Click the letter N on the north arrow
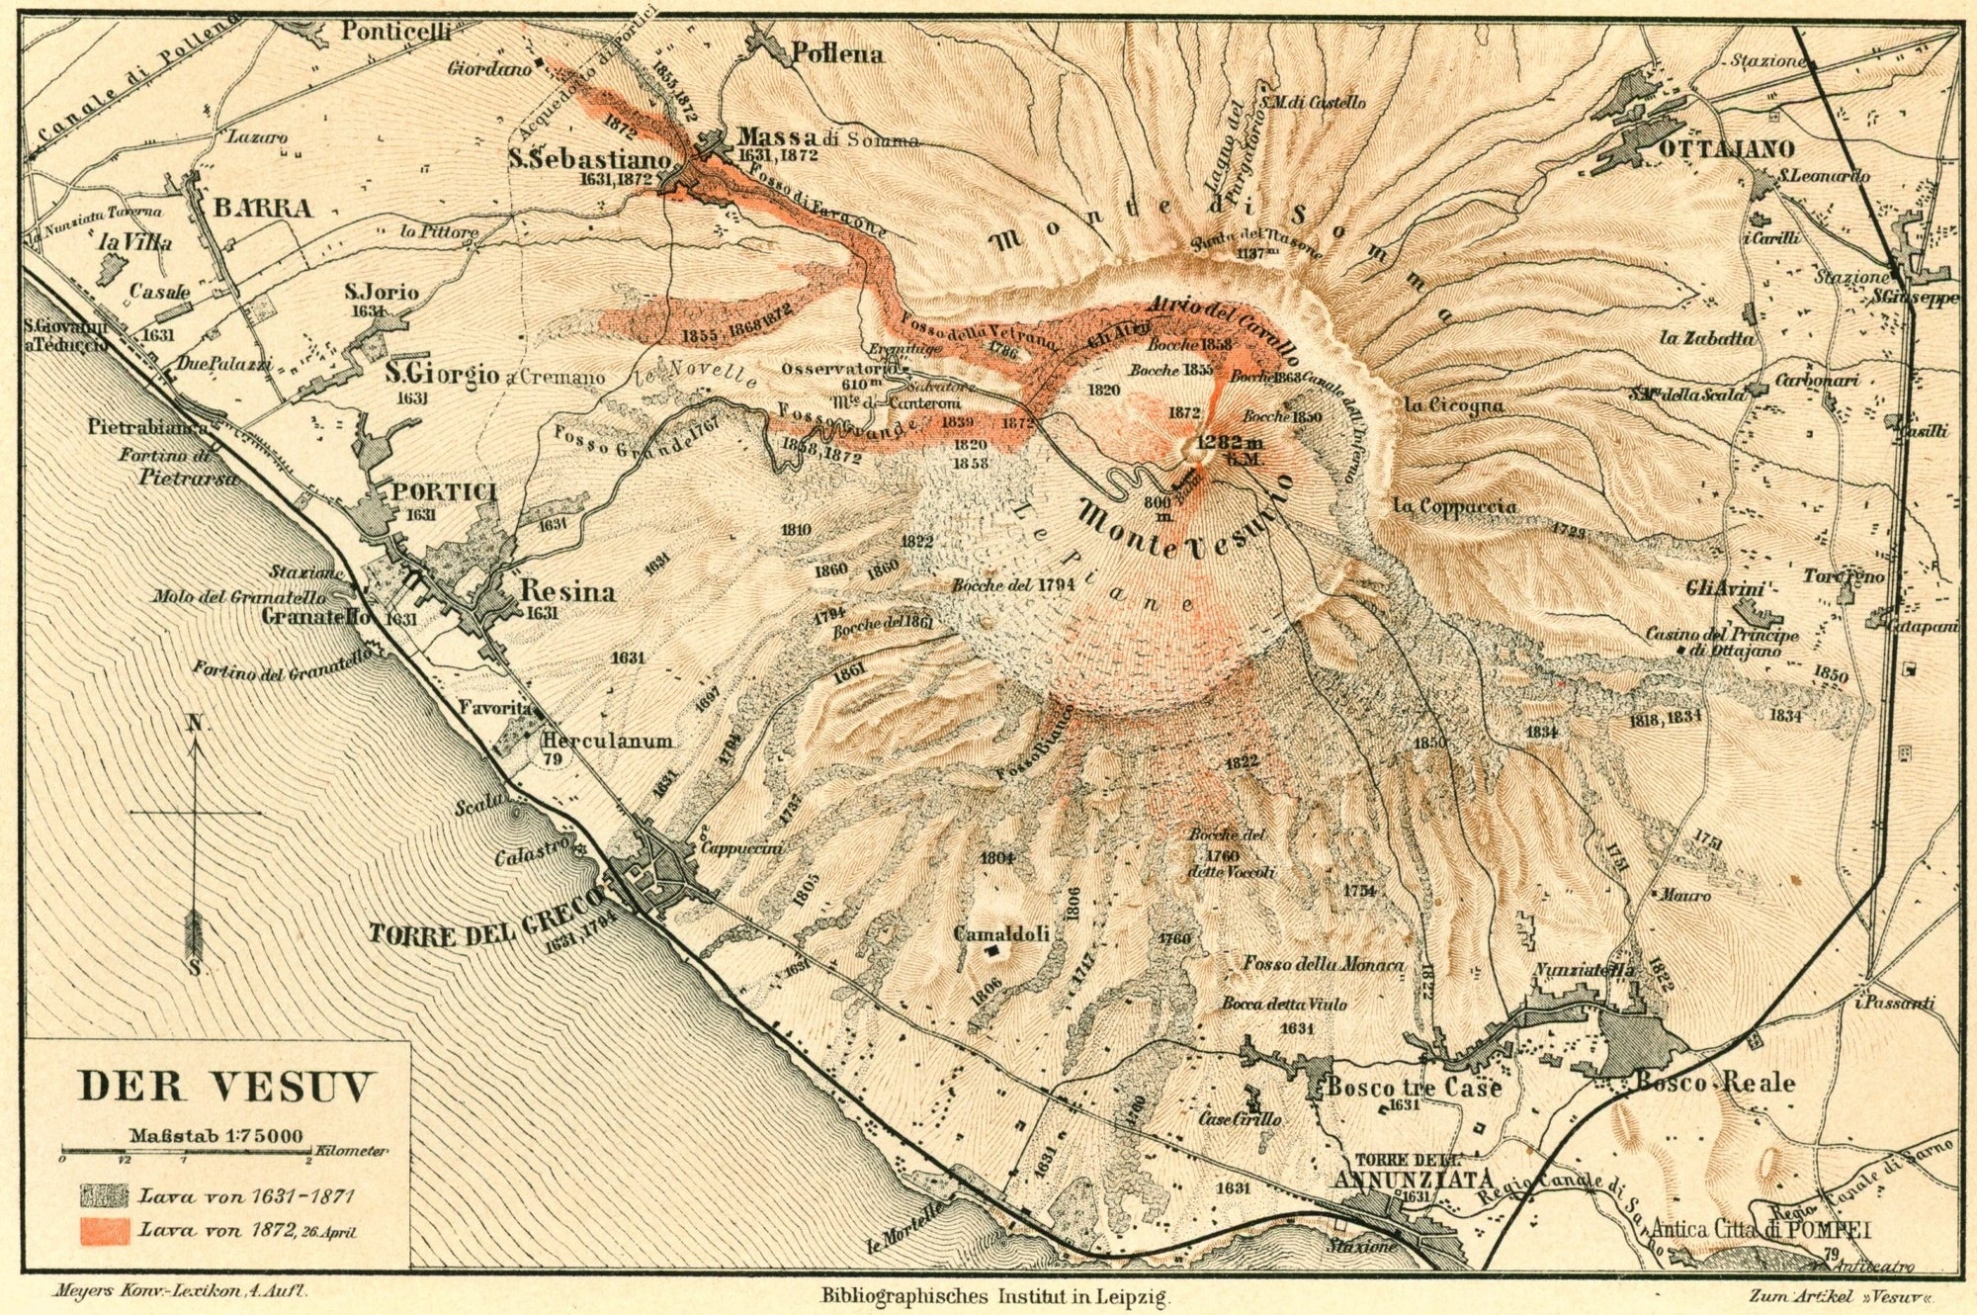tap(195, 725)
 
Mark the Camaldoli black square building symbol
tap(990, 950)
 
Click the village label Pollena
tap(836, 54)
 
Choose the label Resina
tap(567, 592)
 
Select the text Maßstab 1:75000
tap(215, 1136)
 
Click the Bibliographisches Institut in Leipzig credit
tap(995, 1293)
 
